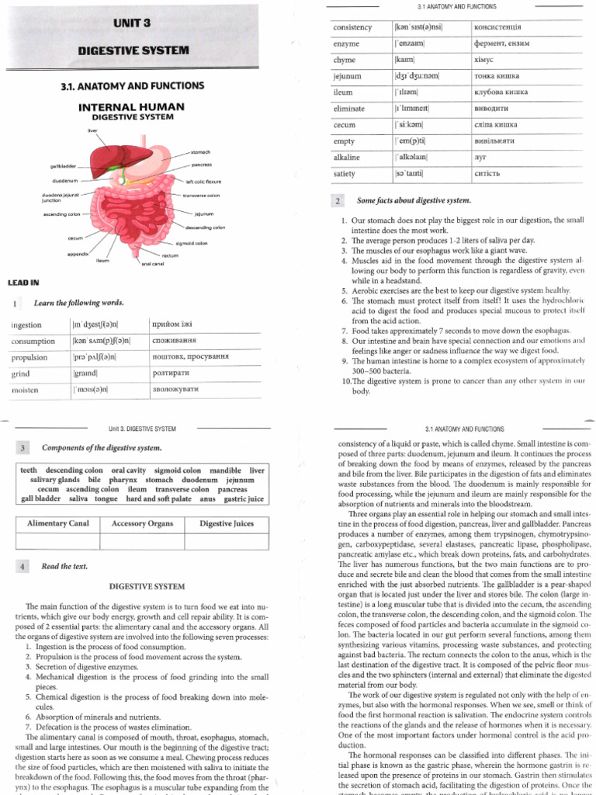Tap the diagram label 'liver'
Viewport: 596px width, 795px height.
click(x=93, y=131)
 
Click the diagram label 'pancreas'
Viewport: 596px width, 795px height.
click(x=203, y=165)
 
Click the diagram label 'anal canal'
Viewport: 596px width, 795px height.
click(x=151, y=263)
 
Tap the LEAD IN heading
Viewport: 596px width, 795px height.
click(x=23, y=282)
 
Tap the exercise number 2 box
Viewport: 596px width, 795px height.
click(x=338, y=201)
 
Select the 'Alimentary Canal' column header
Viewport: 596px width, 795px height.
click(x=58, y=524)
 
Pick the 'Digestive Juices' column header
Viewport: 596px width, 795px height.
click(x=227, y=524)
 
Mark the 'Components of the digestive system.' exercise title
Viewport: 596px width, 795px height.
click(x=102, y=448)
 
